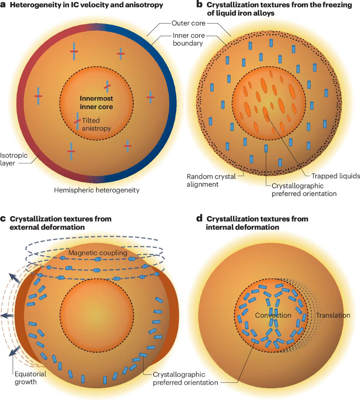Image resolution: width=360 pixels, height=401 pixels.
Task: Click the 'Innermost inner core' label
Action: [x=96, y=102]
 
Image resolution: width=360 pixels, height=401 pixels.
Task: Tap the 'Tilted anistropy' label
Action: [x=96, y=124]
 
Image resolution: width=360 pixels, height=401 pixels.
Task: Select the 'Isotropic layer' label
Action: [x=13, y=159]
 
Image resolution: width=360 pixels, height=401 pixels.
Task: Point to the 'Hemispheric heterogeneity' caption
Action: [x=97, y=190]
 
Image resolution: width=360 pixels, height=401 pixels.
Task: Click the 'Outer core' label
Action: [x=188, y=23]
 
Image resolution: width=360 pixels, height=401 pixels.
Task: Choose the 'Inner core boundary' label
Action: [x=188, y=39]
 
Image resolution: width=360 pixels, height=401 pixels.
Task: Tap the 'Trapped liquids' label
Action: [x=335, y=176]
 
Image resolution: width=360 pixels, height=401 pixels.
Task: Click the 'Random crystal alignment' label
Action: [x=211, y=180]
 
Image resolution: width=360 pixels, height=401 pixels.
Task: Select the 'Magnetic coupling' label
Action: [x=98, y=253]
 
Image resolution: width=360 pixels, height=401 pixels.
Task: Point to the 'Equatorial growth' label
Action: [x=30, y=378]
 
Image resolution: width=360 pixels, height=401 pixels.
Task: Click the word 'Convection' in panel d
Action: [x=273, y=315]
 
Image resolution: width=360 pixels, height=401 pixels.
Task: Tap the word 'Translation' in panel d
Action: [x=333, y=315]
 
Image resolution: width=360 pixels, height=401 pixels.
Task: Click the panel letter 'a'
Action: [x=3, y=5]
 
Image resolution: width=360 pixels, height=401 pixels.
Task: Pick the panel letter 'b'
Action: [x=199, y=4]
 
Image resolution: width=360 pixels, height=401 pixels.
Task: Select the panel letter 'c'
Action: [x=3, y=219]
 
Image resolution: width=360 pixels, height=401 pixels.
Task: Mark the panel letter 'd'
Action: [x=199, y=218]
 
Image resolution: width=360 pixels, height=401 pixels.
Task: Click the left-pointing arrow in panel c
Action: [x=7, y=316]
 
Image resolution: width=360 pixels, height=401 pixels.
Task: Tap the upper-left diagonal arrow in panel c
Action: [x=15, y=278]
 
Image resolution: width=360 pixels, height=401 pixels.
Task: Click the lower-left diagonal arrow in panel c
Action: [x=14, y=351]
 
